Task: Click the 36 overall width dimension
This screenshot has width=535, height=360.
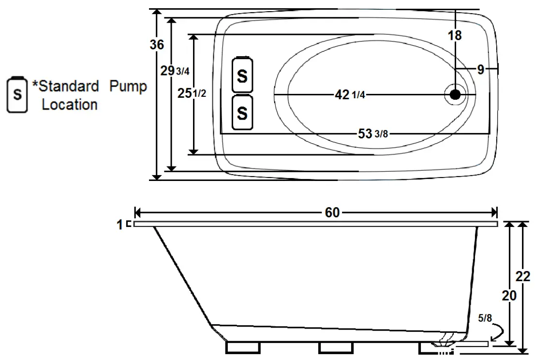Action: point(157,45)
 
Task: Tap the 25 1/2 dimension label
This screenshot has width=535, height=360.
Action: point(192,94)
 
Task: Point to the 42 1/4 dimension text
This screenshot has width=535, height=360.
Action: point(350,95)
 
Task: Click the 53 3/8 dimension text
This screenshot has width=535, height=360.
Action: point(373,134)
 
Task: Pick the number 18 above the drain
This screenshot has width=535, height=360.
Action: point(454,35)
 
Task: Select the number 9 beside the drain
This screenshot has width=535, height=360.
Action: point(480,70)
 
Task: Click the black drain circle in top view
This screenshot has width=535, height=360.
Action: point(455,94)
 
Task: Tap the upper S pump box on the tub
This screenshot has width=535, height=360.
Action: point(242,75)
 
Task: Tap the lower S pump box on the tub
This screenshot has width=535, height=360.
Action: point(242,113)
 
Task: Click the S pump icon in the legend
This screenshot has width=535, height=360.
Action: point(17,94)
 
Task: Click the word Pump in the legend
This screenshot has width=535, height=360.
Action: point(128,87)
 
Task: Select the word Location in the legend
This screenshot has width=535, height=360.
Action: point(70,104)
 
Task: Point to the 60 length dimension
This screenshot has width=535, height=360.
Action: point(332,212)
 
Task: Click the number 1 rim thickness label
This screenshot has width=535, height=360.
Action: point(120,225)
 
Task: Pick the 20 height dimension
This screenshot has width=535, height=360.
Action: point(509,295)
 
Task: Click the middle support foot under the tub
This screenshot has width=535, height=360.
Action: point(335,347)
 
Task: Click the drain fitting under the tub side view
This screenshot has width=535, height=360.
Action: point(442,344)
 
